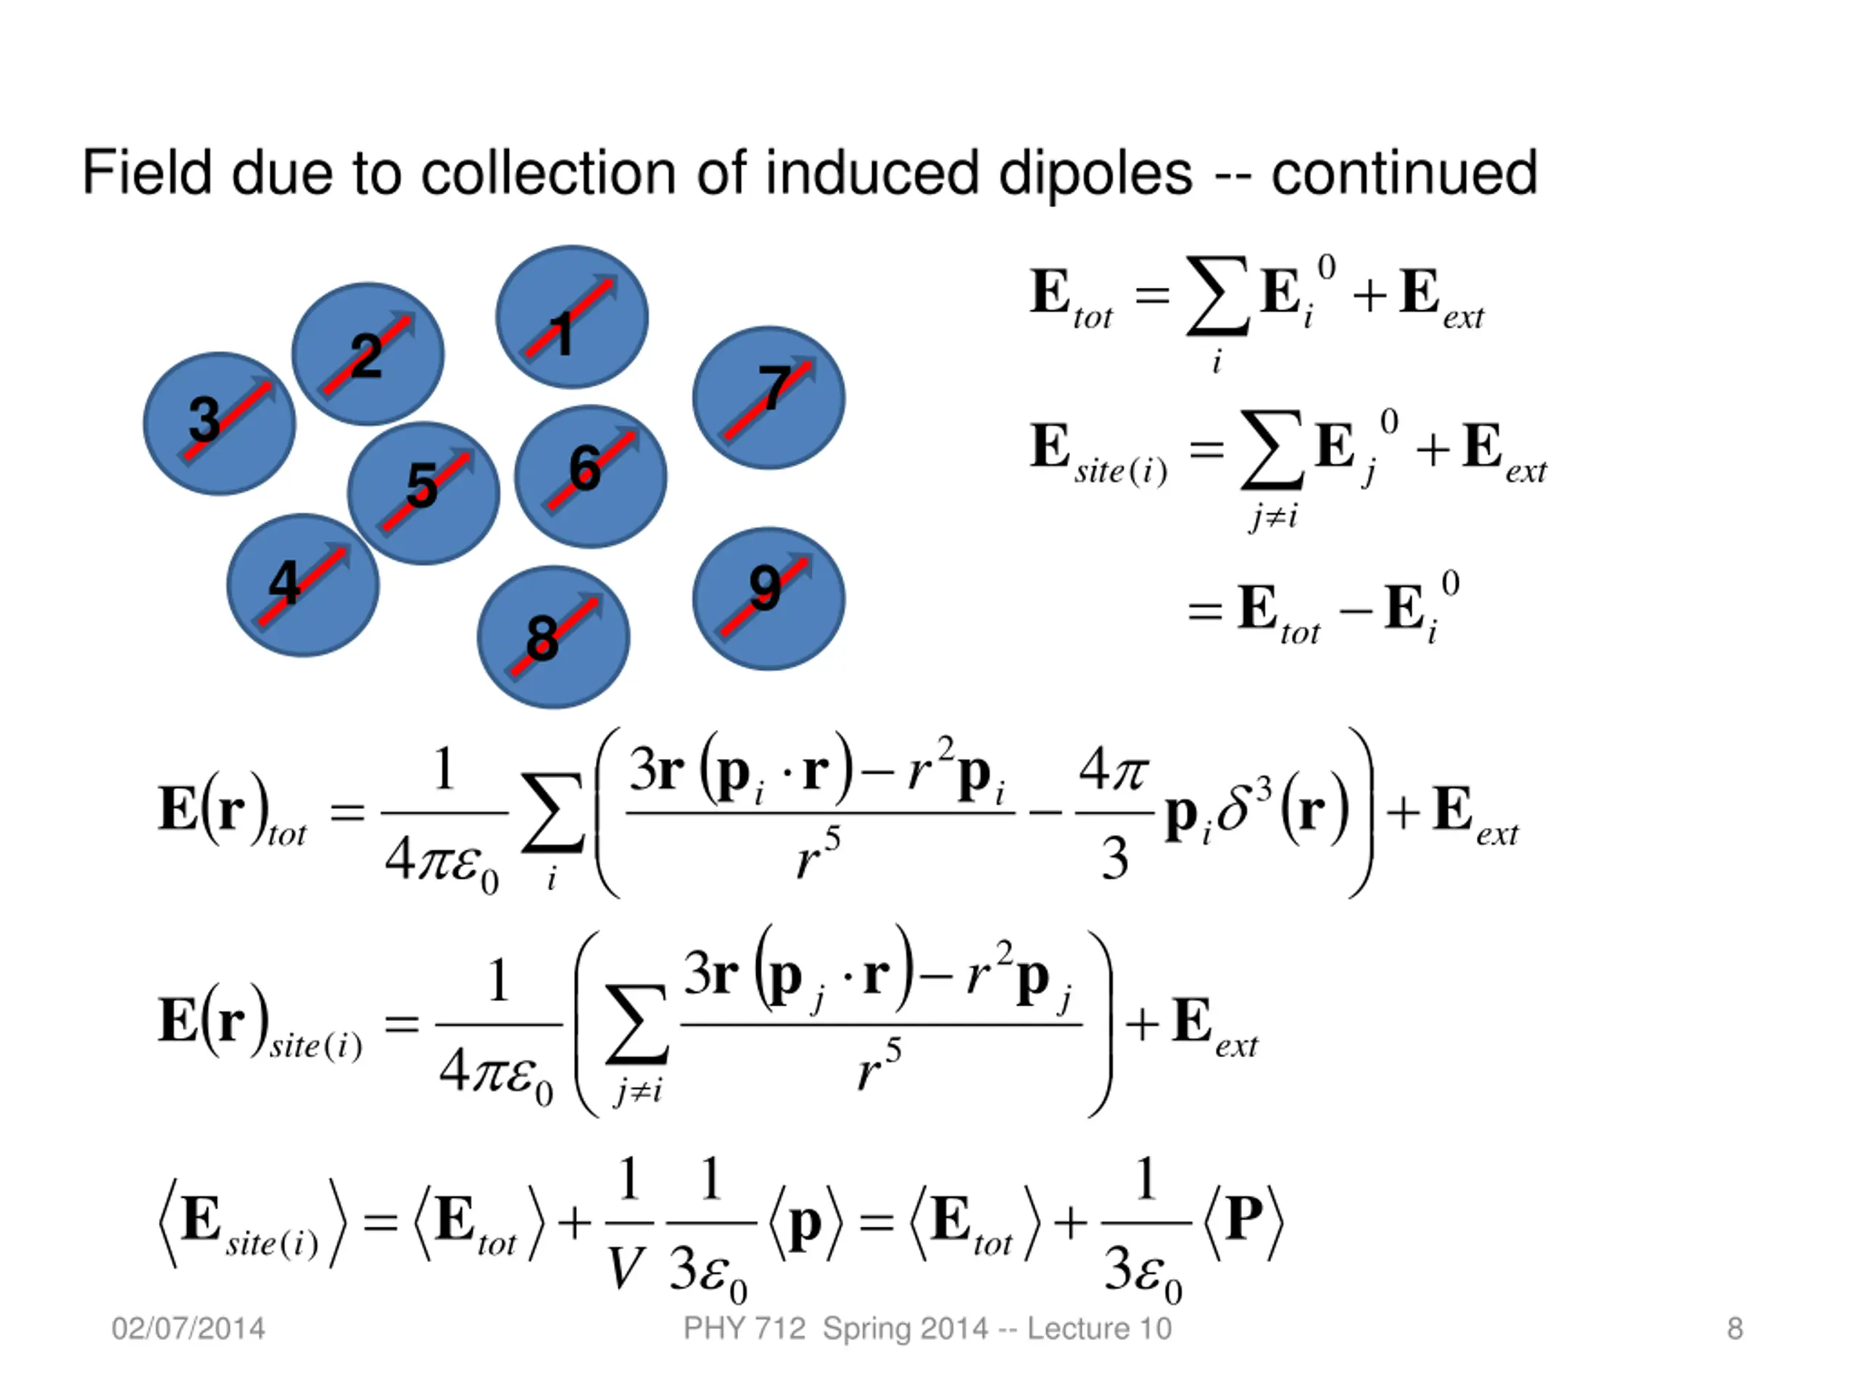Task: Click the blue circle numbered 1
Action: tap(571, 316)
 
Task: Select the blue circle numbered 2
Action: tap(368, 353)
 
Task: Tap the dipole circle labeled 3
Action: tap(219, 423)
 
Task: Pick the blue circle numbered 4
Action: tap(302, 585)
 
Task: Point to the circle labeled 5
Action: tap(423, 492)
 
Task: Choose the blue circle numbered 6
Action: tap(590, 476)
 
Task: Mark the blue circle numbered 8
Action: tap(553, 637)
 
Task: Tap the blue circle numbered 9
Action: tap(768, 598)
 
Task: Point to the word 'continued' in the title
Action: tap(1404, 174)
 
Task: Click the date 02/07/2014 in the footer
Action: tap(188, 1328)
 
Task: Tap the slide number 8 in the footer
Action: tap(1735, 1328)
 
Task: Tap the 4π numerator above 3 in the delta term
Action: tap(1114, 769)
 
